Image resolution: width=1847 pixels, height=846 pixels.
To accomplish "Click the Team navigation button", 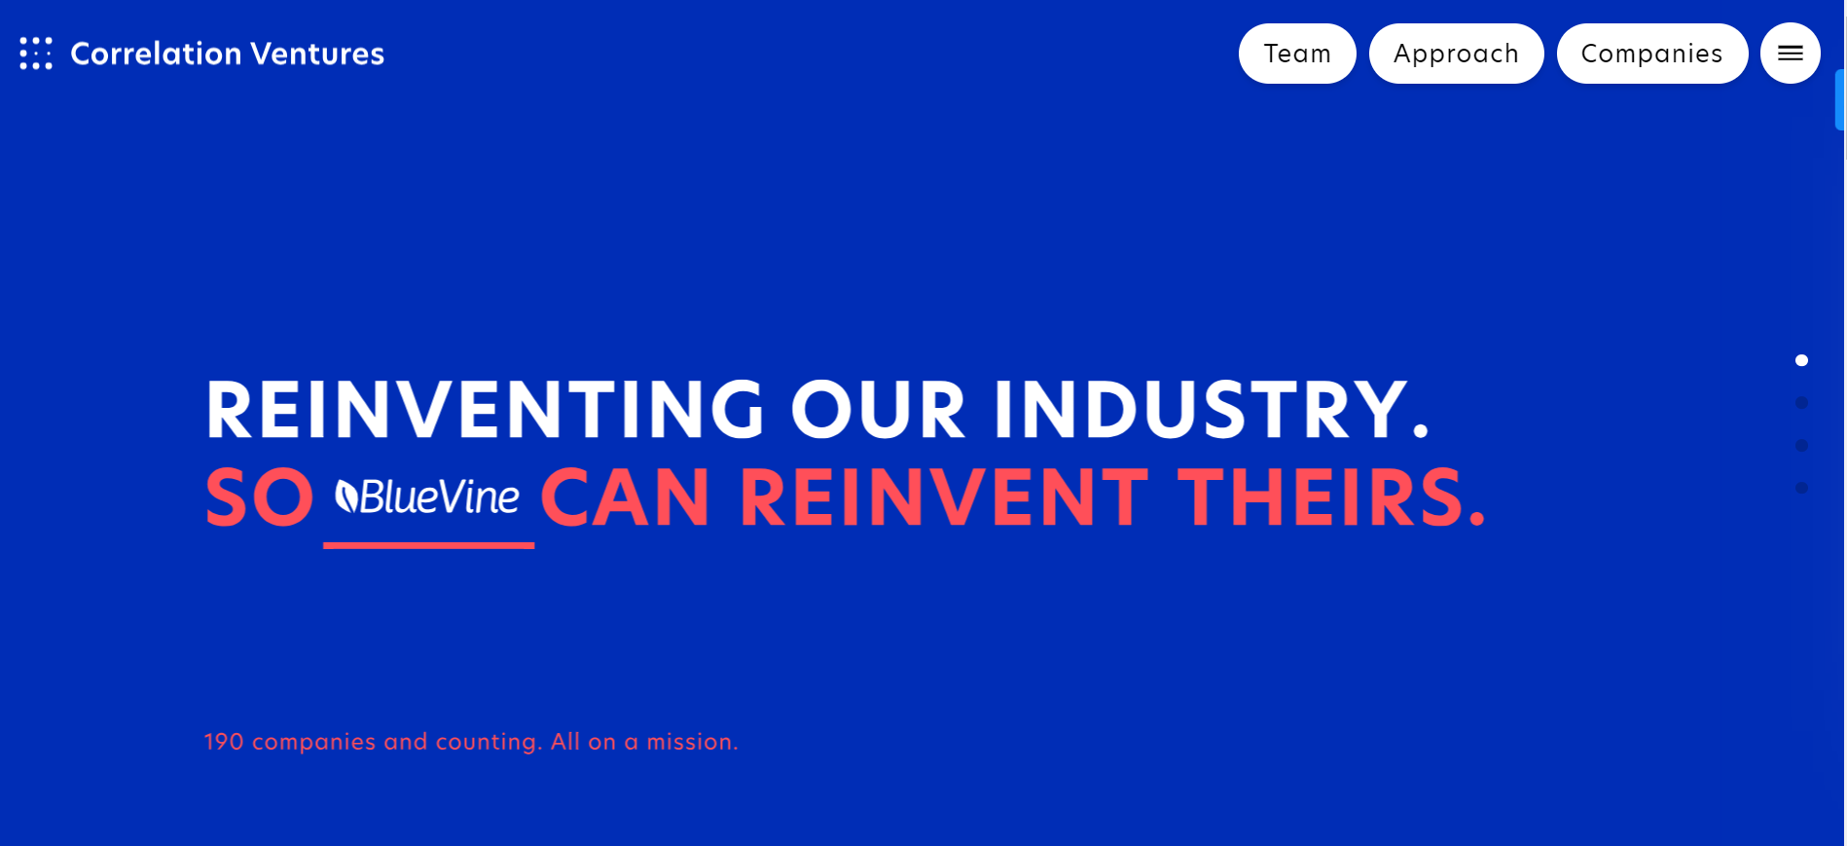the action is [1297, 54].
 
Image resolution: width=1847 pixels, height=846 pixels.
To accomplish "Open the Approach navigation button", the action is [1456, 54].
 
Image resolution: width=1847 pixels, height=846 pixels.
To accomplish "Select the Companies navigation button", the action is [1652, 54].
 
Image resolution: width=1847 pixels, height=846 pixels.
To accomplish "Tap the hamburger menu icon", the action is [1791, 54].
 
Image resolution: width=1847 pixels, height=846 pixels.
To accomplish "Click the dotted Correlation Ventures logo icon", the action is [36, 54].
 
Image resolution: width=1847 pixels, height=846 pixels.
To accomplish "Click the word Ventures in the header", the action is [317, 54].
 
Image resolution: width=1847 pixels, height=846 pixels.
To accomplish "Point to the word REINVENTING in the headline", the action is [486, 410].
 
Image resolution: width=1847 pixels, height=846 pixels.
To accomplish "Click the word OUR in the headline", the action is [879, 410].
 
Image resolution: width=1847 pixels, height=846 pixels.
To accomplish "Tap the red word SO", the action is [260, 497].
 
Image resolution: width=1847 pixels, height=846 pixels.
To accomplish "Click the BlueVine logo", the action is [427, 497].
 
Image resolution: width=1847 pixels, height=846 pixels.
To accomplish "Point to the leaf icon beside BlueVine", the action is [346, 497].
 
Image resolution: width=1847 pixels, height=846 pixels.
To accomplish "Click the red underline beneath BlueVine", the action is [428, 545].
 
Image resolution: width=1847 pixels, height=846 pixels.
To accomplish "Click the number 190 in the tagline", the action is [224, 742].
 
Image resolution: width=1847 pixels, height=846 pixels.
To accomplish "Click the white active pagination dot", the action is [1801, 360].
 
